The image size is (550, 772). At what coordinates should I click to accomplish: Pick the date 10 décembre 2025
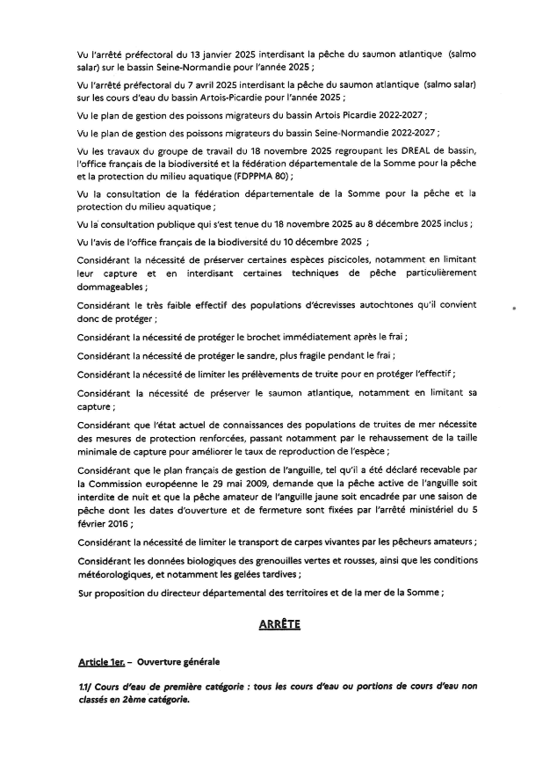[315, 242]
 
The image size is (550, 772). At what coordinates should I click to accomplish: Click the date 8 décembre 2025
[402, 224]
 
